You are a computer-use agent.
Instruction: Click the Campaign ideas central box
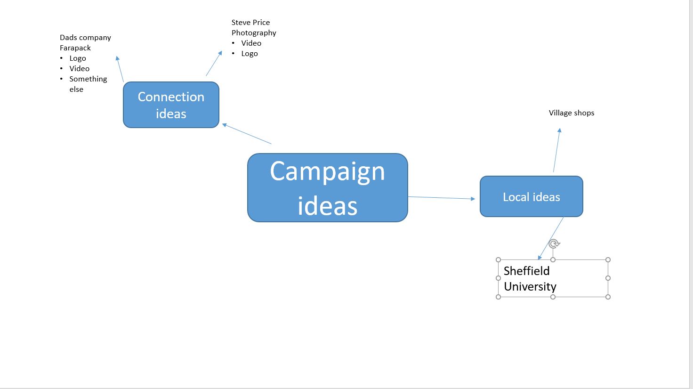tap(327, 187)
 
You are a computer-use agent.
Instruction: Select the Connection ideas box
tap(171, 105)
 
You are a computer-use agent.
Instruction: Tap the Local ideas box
tap(531, 197)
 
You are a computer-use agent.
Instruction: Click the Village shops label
tap(571, 113)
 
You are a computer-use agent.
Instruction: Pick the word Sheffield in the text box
tap(526, 271)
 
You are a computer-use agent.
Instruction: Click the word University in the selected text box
tap(530, 286)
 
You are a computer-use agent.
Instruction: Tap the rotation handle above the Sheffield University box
tap(554, 244)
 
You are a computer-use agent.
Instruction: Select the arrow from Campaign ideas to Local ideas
tap(441, 198)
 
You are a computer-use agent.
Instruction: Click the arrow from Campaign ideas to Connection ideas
tap(247, 134)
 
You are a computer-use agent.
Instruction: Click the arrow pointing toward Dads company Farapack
tap(120, 69)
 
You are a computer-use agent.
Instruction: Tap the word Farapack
tap(75, 48)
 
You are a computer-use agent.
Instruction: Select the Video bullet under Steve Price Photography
tap(251, 43)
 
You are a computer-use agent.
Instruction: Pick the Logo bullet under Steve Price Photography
tap(249, 54)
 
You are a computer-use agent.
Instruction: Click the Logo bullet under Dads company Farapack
tap(78, 58)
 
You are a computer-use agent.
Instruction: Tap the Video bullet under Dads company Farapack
tap(79, 69)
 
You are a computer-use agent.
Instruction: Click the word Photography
tap(254, 33)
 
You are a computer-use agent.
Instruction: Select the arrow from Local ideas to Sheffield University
tap(551, 238)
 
